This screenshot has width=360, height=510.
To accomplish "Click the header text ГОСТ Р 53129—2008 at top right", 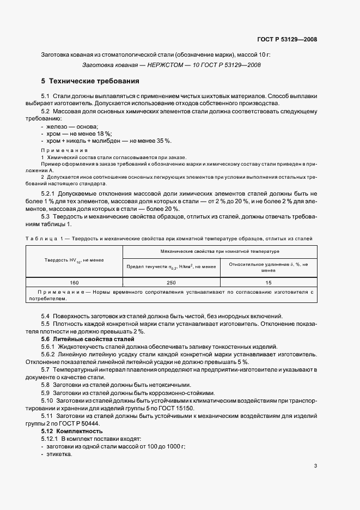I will point(286,40).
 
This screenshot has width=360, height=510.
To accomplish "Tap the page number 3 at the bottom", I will point(316,466).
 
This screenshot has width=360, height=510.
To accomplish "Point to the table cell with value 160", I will point(75,283).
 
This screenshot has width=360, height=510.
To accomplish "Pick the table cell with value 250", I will point(171,283).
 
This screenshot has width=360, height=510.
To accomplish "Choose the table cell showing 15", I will point(268,283).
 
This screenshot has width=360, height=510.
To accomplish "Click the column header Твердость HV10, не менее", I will point(75,260).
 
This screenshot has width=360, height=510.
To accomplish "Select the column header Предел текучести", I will point(171,266).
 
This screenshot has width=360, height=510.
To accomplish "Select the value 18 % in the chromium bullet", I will point(102,133).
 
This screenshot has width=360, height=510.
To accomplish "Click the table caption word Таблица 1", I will point(45,239).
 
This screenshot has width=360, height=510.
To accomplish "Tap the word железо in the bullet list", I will point(57,126).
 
